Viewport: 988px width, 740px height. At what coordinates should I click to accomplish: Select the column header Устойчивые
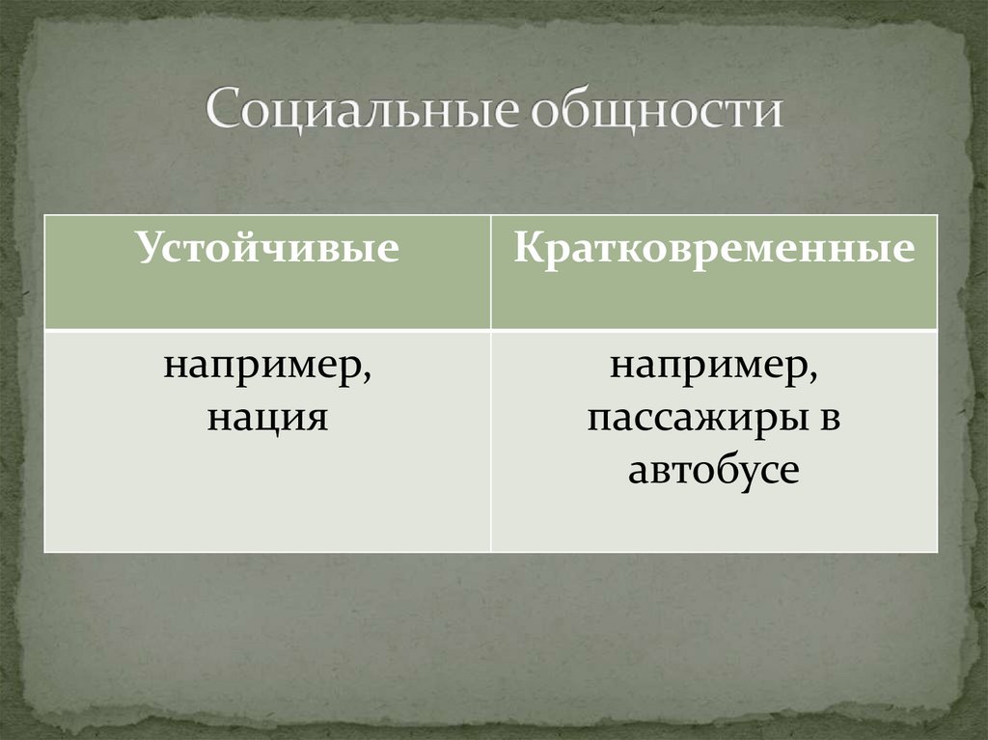(267, 249)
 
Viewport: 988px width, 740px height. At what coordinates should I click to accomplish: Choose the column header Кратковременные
(714, 249)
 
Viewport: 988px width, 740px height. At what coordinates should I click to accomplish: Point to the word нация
(267, 418)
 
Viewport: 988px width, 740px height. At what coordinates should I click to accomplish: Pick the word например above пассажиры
(710, 370)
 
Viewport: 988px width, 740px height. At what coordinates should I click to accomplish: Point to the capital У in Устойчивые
(149, 248)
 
